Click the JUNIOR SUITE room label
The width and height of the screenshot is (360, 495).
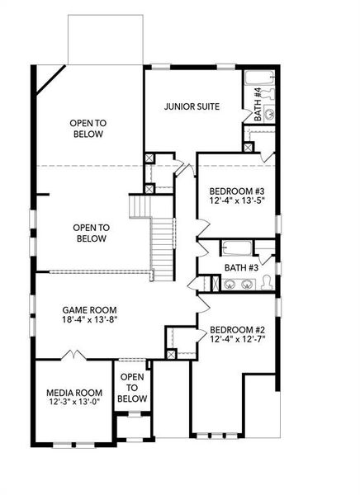191,106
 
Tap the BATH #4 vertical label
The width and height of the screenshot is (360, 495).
258,105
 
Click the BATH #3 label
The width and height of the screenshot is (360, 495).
241,267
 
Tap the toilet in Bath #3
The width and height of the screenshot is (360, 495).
267,283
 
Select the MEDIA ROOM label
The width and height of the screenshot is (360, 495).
73,392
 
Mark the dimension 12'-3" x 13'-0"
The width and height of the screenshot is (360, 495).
73,403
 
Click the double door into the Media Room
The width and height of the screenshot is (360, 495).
75,356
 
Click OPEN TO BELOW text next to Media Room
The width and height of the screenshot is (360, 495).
132,388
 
